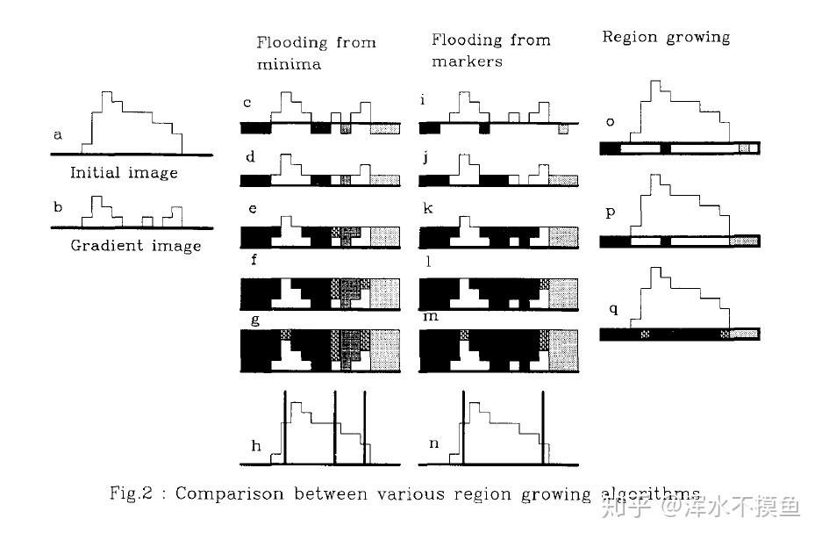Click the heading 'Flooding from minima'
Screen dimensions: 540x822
[316, 52]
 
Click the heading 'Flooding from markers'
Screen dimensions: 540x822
[491, 49]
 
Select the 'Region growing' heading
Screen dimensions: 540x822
[665, 37]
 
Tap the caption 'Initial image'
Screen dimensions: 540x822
[124, 173]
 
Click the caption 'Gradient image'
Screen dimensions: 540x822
[135, 246]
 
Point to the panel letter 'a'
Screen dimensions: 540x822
[58, 135]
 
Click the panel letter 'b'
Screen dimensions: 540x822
[58, 208]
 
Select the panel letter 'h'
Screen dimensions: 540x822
[255, 446]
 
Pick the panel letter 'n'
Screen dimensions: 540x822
[433, 444]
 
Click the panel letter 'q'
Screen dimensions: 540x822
[613, 308]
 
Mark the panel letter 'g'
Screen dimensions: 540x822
[255, 320]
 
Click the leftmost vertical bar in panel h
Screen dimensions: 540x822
[284, 428]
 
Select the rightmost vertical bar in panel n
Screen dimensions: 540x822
[541, 428]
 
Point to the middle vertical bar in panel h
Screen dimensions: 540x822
[334, 428]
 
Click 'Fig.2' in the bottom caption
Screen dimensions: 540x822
[132, 493]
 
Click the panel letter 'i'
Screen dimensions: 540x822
[424, 101]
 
